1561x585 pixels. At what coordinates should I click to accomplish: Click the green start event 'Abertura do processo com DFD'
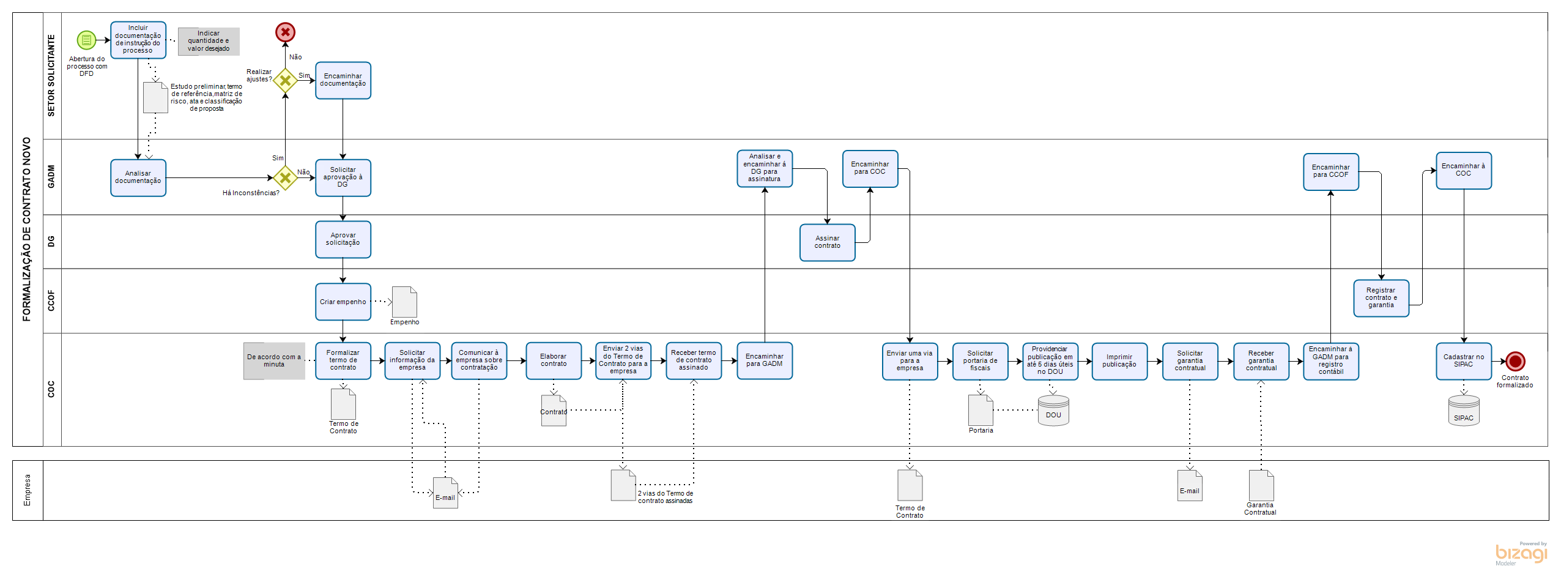coord(86,40)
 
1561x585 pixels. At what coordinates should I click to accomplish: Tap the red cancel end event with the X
coord(285,32)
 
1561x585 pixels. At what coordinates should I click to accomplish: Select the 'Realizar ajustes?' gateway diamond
coord(285,80)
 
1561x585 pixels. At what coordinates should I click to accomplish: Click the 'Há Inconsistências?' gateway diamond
coord(285,178)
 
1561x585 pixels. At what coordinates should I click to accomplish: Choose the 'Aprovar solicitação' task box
coord(343,239)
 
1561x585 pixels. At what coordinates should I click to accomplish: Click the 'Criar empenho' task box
coord(343,302)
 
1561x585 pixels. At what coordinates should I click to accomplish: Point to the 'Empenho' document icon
coord(404,302)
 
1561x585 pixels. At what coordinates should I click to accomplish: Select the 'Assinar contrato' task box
coord(827,242)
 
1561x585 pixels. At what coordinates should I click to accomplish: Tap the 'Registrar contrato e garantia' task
coord(1381,298)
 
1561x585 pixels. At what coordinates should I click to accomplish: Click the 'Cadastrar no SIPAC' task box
coord(1463,361)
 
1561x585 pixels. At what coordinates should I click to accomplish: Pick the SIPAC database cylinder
coord(1464,411)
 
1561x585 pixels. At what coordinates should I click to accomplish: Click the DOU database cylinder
coord(1053,411)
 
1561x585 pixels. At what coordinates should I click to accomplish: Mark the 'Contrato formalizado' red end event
coord(1515,361)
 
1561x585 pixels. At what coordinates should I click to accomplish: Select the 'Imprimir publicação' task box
coord(1119,361)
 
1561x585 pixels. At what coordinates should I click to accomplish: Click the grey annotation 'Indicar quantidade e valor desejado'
coord(209,42)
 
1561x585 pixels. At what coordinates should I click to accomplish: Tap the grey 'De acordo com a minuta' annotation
coord(274,361)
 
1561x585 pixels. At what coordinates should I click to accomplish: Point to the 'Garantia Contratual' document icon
coord(1261,486)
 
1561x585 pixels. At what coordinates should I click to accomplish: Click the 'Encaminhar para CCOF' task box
coord(1330,171)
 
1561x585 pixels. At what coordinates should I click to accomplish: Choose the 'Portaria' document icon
coord(981,411)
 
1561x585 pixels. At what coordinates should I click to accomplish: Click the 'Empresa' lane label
coord(28,490)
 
